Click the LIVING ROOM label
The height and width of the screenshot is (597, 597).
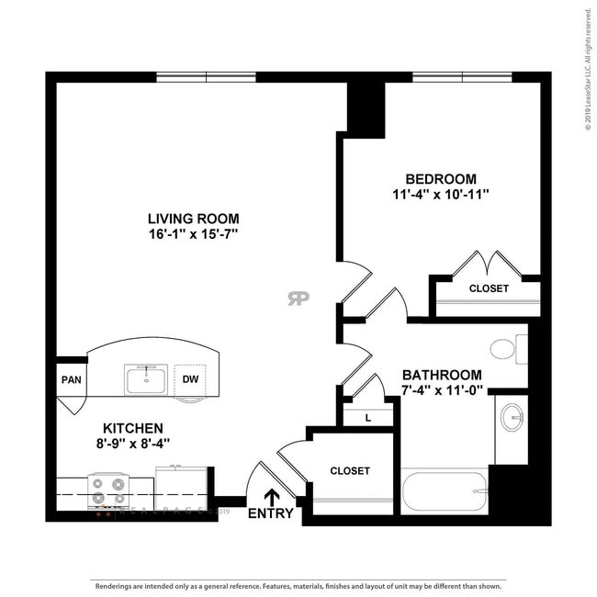194,219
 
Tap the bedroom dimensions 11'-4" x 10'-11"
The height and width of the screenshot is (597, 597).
441,195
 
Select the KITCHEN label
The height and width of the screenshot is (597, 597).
133,428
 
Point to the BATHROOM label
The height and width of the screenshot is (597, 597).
442,375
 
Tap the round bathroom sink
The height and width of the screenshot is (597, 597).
512,418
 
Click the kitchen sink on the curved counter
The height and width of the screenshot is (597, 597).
146,378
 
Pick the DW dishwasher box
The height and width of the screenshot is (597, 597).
190,378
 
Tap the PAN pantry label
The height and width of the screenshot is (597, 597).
71,379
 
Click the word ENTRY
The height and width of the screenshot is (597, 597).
271,513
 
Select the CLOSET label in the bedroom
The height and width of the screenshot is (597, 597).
488,288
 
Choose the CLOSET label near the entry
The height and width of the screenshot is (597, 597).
349,471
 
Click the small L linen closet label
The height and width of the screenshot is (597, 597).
368,417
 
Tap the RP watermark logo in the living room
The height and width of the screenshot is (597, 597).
298,298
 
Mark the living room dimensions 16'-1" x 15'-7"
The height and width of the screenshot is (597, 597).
194,234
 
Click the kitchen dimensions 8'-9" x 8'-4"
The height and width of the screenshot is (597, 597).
133,444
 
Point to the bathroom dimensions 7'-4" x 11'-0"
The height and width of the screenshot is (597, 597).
442,390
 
